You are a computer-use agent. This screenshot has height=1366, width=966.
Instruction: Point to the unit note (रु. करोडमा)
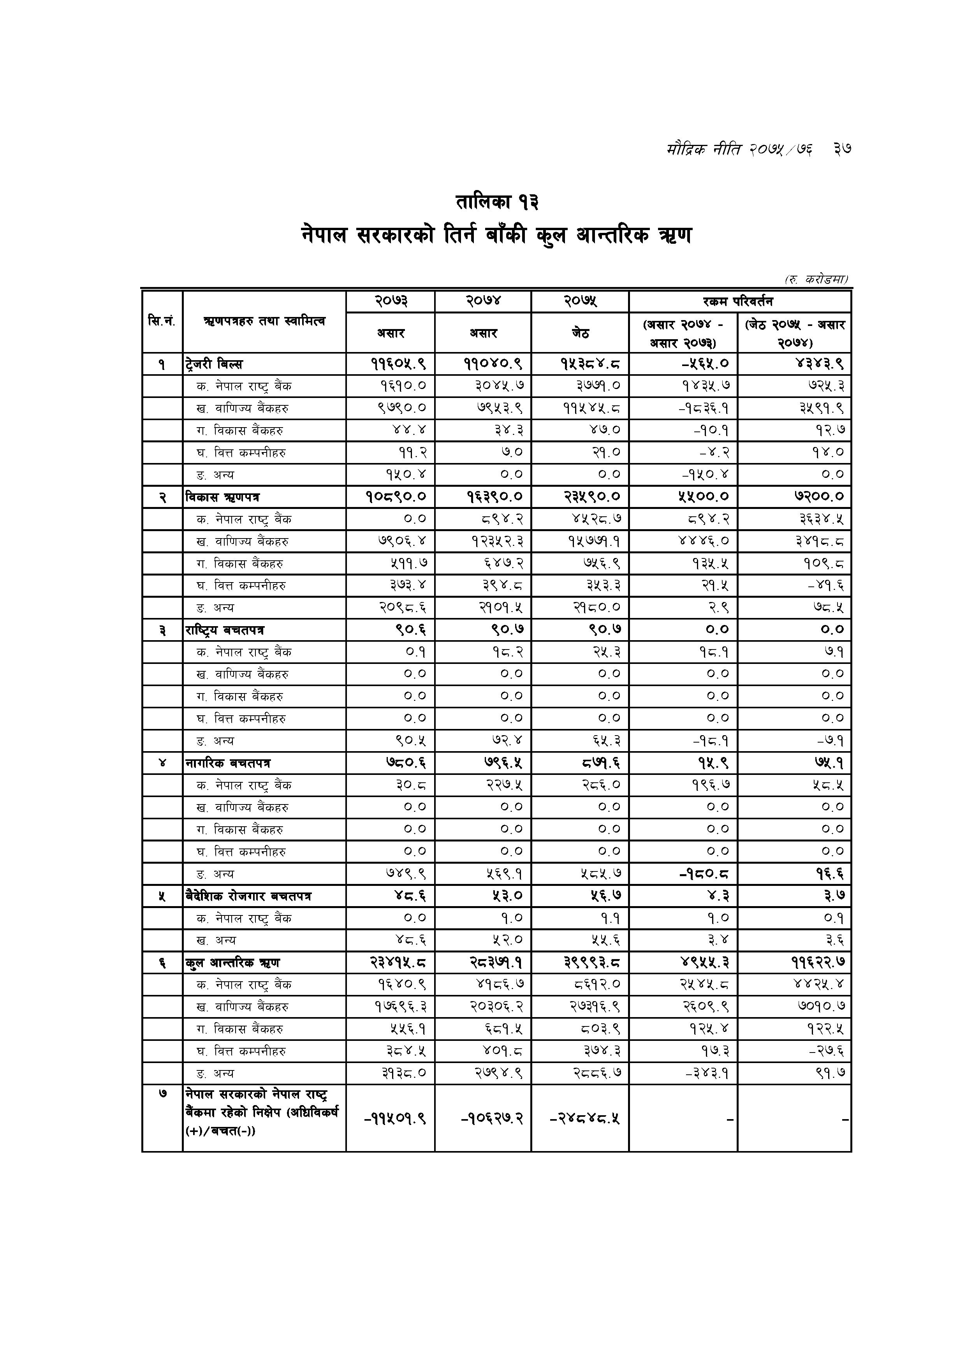click(x=816, y=279)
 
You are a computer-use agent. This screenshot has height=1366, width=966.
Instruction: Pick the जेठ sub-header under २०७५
click(x=580, y=333)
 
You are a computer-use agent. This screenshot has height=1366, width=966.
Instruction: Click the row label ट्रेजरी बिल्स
click(x=213, y=364)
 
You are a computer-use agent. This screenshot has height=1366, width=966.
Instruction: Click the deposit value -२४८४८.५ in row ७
click(x=585, y=1118)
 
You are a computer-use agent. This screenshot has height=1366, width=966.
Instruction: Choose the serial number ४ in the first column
click(x=162, y=763)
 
